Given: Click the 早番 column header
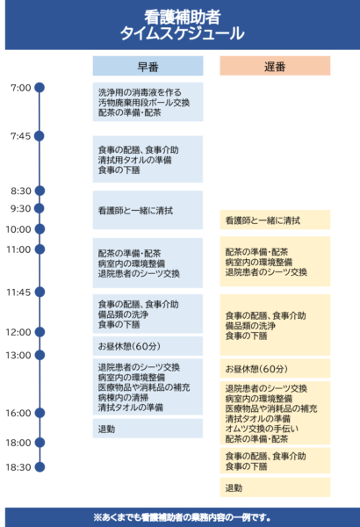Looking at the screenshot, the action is pos(148,66).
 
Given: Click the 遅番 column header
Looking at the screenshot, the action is pos(275,66).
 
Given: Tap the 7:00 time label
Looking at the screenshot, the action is pos(21,88).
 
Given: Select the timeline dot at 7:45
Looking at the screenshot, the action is pos(40,136).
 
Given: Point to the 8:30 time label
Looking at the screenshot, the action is pos(21,191).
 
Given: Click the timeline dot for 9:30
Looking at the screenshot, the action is pos(40,208).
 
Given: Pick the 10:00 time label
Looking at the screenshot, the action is pos(18,229).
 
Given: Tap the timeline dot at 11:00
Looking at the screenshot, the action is pos(40,249).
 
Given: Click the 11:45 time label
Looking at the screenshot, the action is pos(18,292).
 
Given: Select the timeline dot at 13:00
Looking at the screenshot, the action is pos(40,355).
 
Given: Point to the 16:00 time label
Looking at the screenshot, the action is pos(18,413).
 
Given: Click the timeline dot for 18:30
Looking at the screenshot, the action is pos(40,467).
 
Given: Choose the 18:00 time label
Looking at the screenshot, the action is pos(18,443).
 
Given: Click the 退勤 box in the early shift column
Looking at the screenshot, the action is pos(148,429).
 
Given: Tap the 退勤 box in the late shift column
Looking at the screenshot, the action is pos(275,487).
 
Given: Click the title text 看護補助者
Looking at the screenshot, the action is pos(183,17).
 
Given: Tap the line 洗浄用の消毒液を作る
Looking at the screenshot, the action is pos(140,92).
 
